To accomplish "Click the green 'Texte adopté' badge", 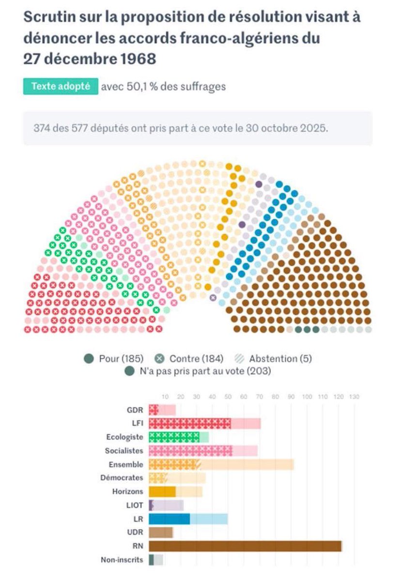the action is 61,87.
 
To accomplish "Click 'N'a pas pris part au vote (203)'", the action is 203,371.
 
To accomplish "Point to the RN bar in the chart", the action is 245,547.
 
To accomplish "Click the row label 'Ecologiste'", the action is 124,437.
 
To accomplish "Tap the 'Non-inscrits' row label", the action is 122,560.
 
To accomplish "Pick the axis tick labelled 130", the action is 355,397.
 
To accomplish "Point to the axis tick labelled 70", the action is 260,397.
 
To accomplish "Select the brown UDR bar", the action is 160,533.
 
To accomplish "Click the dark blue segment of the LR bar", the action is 169,519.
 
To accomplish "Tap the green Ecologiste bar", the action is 174,437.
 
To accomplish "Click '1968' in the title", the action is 138,59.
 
